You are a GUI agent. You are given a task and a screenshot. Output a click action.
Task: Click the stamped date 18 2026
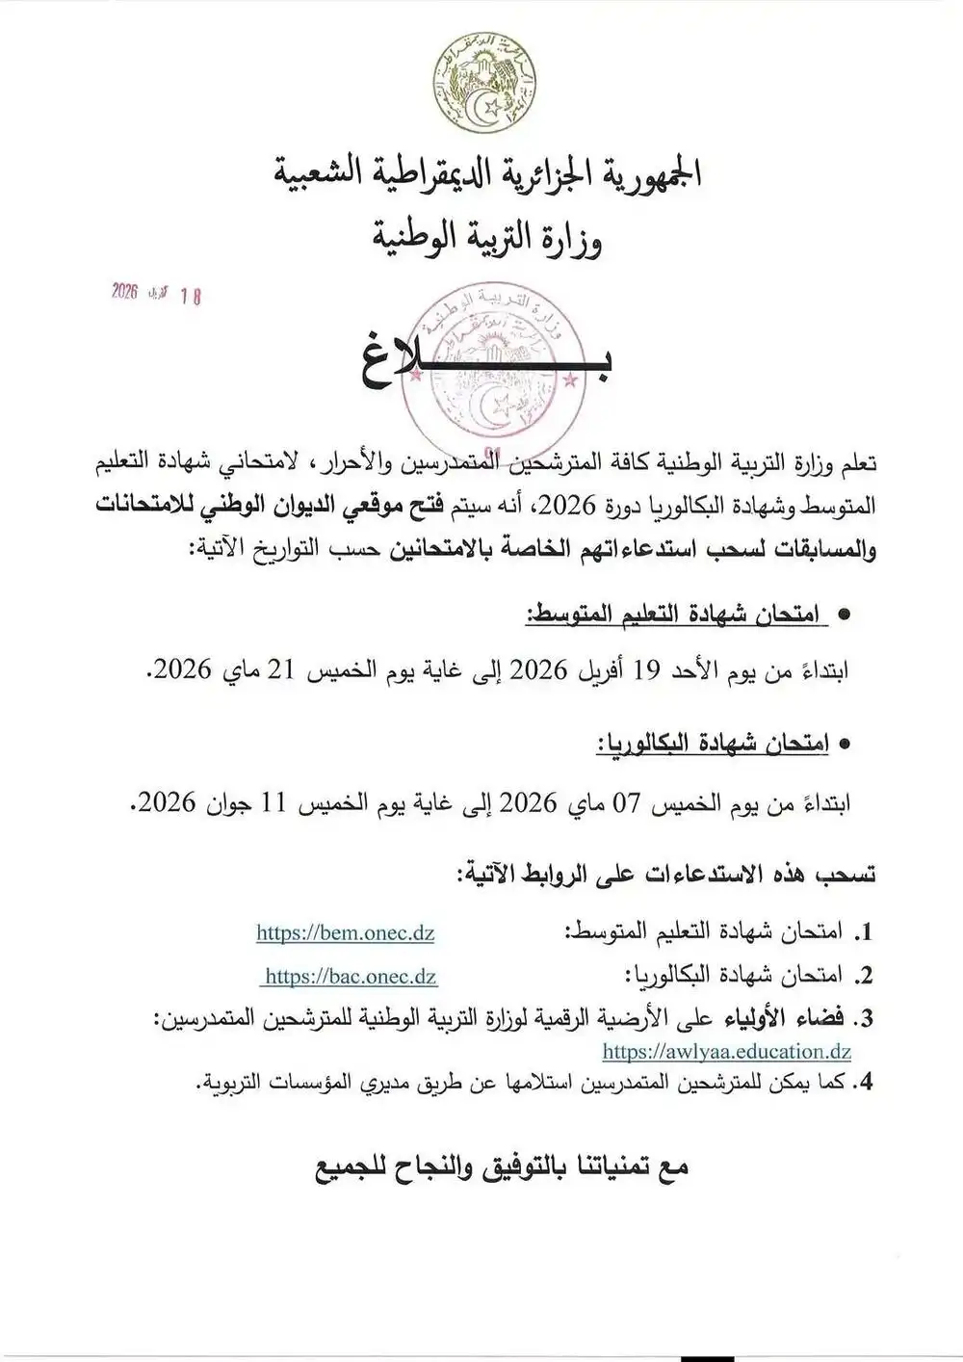pyautogui.click(x=156, y=293)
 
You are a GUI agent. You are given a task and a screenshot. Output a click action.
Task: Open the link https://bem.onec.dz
pyautogui.click(x=345, y=932)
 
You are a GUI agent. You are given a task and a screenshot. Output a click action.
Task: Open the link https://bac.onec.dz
pyautogui.click(x=350, y=976)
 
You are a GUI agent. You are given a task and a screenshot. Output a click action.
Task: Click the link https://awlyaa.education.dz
pyautogui.click(x=727, y=1052)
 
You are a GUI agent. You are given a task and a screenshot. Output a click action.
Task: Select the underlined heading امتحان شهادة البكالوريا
pyautogui.click(x=713, y=744)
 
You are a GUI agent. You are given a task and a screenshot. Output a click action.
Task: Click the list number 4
pyautogui.click(x=865, y=1083)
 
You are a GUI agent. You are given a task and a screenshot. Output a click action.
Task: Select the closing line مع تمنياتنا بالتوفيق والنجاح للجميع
pyautogui.click(x=501, y=1167)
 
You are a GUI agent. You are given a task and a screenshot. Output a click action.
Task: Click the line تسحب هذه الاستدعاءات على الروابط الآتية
pyautogui.click(x=664, y=875)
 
